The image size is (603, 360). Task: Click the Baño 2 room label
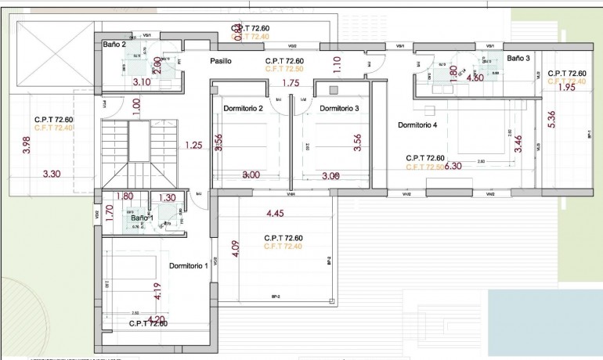(x=115, y=45)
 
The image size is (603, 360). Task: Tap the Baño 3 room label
(x=518, y=59)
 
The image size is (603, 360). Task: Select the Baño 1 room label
(x=143, y=218)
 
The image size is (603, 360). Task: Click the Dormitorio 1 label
(x=188, y=265)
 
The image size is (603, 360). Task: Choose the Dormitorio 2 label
(x=243, y=108)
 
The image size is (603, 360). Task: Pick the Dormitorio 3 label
(x=339, y=108)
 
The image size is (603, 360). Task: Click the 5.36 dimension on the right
(x=552, y=119)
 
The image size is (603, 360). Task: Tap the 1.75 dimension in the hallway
(x=291, y=83)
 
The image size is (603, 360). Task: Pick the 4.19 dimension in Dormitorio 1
(x=157, y=291)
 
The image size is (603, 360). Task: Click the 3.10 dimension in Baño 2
(x=142, y=81)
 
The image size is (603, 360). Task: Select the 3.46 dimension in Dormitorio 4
(x=518, y=143)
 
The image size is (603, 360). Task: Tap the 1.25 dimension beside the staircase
(x=193, y=145)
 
